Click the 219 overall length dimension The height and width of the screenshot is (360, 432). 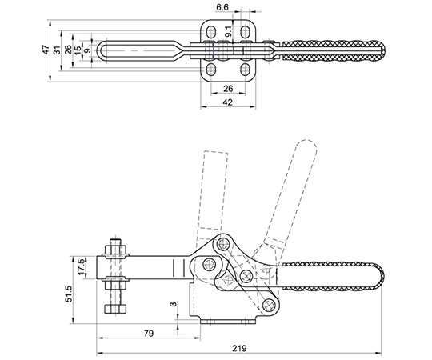tap(239, 349)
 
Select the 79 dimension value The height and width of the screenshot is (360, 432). tap(149, 334)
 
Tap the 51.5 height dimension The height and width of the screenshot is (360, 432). tap(68, 294)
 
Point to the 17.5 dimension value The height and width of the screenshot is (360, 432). tap(82, 266)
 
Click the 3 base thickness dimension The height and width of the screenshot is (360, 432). tap(173, 304)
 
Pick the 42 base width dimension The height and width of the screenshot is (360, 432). tap(227, 102)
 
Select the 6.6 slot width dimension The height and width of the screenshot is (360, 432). tap(222, 7)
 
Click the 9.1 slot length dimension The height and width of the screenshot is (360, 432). tap(228, 32)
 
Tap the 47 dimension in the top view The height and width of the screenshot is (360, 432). tap(46, 50)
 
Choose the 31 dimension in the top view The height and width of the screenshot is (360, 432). tap(57, 50)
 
